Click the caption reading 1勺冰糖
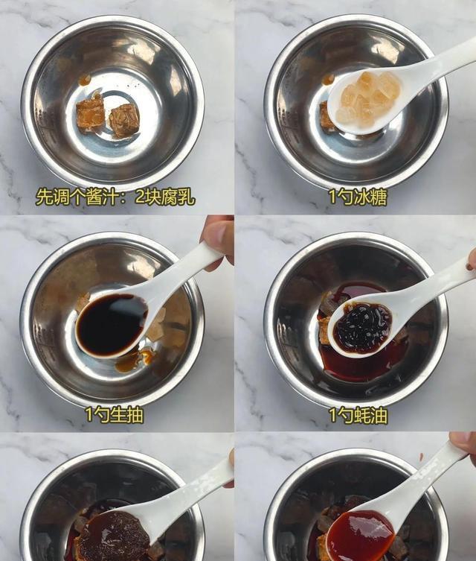[x=358, y=197]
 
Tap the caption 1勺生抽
[x=115, y=415]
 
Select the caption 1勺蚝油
[x=358, y=416]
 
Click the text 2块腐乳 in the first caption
[x=165, y=197]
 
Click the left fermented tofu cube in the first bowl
[x=91, y=115]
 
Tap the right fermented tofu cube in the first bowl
[x=124, y=120]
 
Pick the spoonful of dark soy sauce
[x=111, y=324]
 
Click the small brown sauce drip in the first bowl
[x=85, y=80]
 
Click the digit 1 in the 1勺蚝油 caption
[x=332, y=416]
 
